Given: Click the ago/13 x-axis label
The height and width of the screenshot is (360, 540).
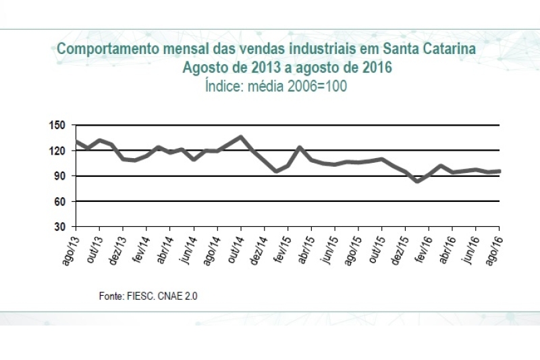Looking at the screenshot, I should click(x=70, y=246).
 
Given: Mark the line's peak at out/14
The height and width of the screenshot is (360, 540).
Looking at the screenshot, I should click(x=241, y=137).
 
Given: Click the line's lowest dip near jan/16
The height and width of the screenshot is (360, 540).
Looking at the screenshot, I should click(x=417, y=181).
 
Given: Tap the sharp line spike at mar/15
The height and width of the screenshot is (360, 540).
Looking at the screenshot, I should click(x=300, y=147).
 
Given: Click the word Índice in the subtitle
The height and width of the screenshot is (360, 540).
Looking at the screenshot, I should click(x=221, y=86).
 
